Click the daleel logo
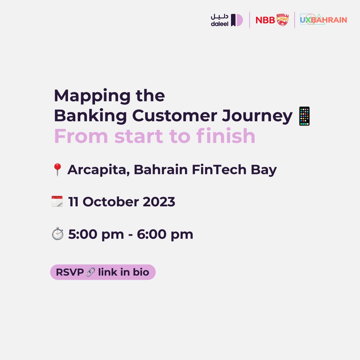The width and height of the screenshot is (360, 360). coord(227,20)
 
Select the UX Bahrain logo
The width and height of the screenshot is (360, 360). coord(323,20)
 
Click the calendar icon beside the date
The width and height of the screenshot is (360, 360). coord(57,202)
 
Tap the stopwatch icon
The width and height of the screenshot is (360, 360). coord(57,234)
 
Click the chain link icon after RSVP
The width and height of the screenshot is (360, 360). coord(90,272)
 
